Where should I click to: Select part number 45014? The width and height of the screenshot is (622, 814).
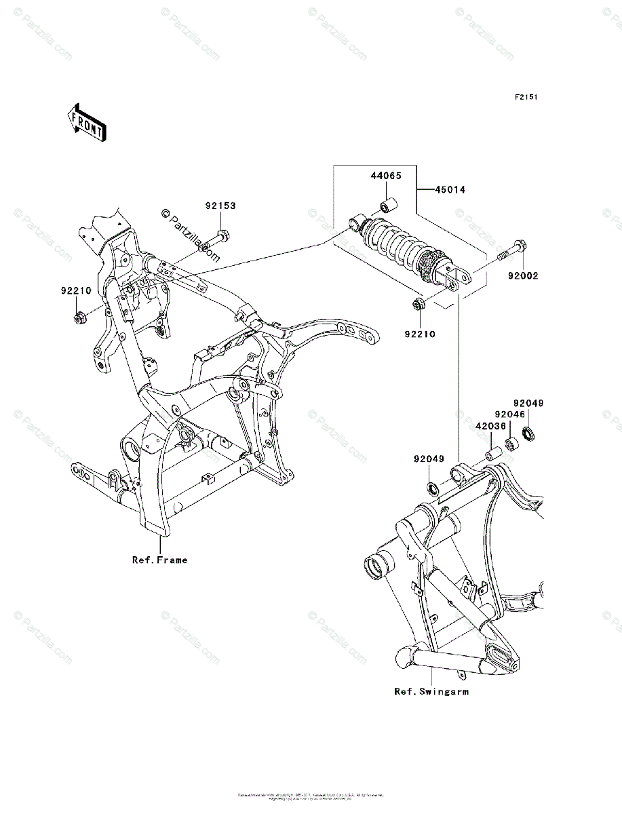(450, 191)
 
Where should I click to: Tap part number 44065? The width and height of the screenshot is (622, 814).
(385, 176)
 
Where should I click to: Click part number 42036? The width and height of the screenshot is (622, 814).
(489, 427)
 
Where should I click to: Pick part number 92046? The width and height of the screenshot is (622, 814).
(509, 414)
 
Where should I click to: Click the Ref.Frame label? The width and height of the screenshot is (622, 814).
(160, 560)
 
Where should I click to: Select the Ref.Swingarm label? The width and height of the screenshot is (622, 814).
(431, 692)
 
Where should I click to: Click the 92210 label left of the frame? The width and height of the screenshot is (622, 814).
(78, 290)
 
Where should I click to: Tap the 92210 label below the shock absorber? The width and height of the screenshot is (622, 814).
(421, 334)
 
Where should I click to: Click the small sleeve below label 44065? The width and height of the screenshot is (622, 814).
(389, 206)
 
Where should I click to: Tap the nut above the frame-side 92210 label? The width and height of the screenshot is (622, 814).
(80, 317)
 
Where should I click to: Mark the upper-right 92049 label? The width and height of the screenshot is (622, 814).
(528, 403)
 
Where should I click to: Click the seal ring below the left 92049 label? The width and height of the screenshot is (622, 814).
(432, 486)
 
